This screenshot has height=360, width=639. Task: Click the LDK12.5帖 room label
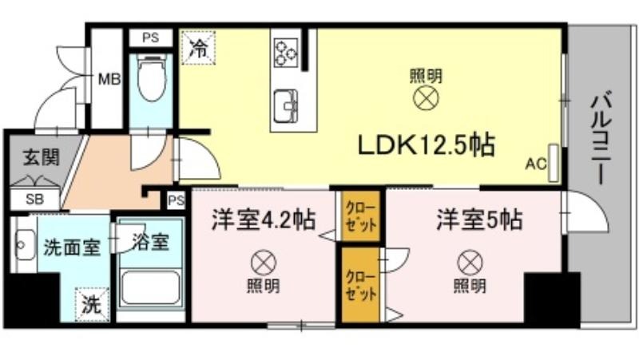pyautogui.click(x=427, y=145)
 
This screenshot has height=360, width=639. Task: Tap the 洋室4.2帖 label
pyautogui.click(x=264, y=220)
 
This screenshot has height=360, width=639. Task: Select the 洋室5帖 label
pyautogui.click(x=479, y=220)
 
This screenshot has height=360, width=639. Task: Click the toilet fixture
pyautogui.click(x=152, y=78)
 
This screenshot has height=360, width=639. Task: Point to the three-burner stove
pyautogui.click(x=286, y=52)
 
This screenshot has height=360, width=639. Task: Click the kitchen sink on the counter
pyautogui.click(x=286, y=106)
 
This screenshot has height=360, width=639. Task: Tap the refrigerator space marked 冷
pyautogui.click(x=198, y=48)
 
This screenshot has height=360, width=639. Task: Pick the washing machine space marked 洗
pyautogui.click(x=92, y=305)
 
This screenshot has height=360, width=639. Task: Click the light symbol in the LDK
pyautogui.click(x=427, y=98)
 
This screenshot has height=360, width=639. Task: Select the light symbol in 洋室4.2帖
pyautogui.click(x=264, y=263)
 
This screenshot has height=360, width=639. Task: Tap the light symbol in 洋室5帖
pyautogui.click(x=470, y=263)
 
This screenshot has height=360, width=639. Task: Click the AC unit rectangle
pyautogui.click(x=554, y=163)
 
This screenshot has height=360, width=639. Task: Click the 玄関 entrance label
pyautogui.click(x=42, y=157)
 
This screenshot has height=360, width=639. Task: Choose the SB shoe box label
pyautogui.click(x=34, y=200)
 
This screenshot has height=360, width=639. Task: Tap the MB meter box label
pyautogui.click(x=109, y=78)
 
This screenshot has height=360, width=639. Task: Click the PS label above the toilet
pyautogui.click(x=150, y=38)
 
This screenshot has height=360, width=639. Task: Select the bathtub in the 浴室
pyautogui.click(x=151, y=287)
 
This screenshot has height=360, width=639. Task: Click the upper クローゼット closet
pyautogui.click(x=361, y=216)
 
